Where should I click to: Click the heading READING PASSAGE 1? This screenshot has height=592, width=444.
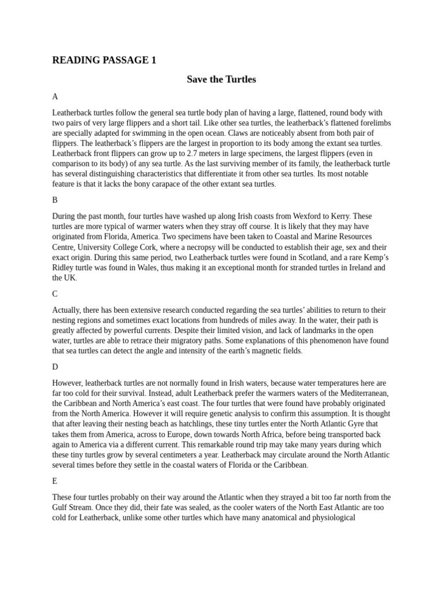tap(104, 60)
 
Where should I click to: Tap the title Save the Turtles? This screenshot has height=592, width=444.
tap(221, 79)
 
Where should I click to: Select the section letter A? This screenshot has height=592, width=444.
tap(55, 96)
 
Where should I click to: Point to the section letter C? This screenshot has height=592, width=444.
tap(55, 294)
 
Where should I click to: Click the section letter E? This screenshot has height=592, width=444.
tap(55, 480)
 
